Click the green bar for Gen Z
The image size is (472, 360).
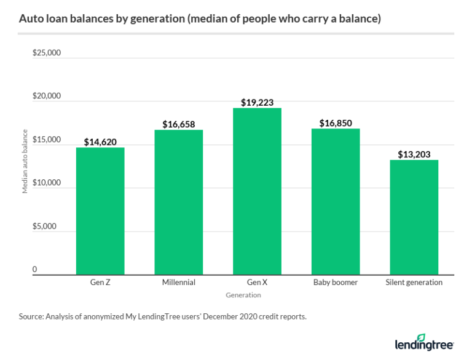(100, 211)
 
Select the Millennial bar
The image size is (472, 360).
(179, 202)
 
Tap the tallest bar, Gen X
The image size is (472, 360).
(257, 191)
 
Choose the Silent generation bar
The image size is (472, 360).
(414, 217)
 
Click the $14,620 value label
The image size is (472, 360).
(100, 141)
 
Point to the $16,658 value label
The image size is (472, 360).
(179, 124)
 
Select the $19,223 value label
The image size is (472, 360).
(257, 102)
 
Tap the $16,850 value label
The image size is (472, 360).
(336, 123)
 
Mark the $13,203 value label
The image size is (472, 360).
(414, 154)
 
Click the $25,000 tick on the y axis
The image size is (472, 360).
(47, 53)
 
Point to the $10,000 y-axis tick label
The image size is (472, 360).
(47, 183)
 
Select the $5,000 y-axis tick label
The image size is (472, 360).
(44, 226)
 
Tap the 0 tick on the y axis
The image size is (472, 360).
(35, 270)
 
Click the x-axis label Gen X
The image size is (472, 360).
(256, 283)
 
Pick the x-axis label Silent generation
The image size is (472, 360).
(414, 283)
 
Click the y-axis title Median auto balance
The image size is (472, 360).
(25, 162)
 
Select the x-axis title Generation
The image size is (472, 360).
(243, 295)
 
